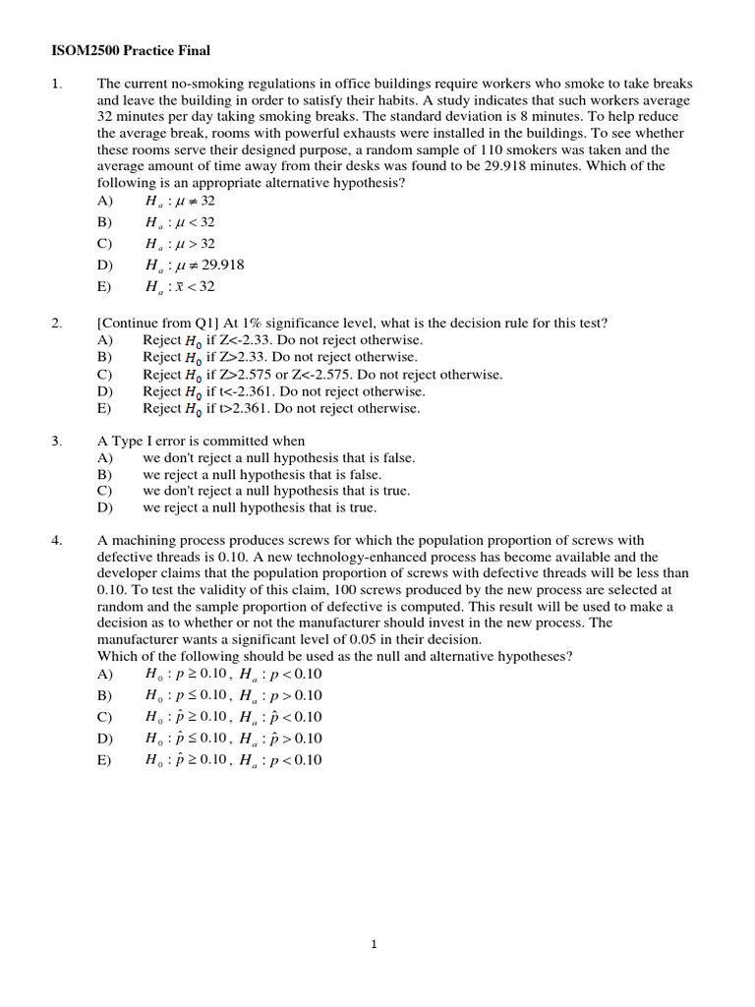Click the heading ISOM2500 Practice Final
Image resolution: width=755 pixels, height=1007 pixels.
point(130,50)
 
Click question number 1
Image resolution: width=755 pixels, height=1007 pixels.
point(56,84)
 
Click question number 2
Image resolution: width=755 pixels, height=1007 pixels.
point(56,323)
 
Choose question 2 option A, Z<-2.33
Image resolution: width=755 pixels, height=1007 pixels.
point(279,340)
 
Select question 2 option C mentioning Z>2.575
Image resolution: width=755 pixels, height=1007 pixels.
point(322,375)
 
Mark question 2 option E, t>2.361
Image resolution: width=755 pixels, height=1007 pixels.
point(280,408)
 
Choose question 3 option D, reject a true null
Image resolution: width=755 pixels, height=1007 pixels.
point(260,507)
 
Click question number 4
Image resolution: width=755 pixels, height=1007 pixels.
point(56,540)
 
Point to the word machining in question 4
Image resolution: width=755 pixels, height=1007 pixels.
point(141,540)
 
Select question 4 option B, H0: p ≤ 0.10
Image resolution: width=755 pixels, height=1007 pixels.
point(233,695)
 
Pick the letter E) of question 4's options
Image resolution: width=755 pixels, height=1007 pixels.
point(105,759)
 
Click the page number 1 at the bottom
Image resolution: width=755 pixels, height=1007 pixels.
point(375,945)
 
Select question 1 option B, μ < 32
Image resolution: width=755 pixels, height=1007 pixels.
point(180,222)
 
